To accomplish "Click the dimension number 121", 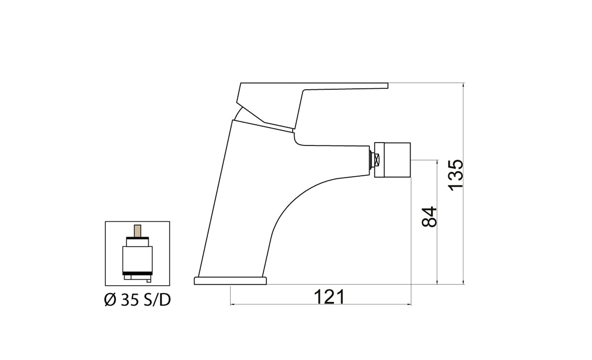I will pyautogui.click(x=329, y=297).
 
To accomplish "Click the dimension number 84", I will pyautogui.click(x=429, y=217).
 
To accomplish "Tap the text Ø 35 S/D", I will pyautogui.click(x=137, y=300).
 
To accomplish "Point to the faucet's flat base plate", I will pyautogui.click(x=230, y=280).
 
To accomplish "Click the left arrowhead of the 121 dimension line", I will pyautogui.click(x=232, y=305).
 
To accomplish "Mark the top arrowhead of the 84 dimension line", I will pyautogui.click(x=437, y=162).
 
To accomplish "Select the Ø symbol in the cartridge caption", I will pyautogui.click(x=109, y=300).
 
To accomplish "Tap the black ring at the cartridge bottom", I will pyautogui.click(x=137, y=274).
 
